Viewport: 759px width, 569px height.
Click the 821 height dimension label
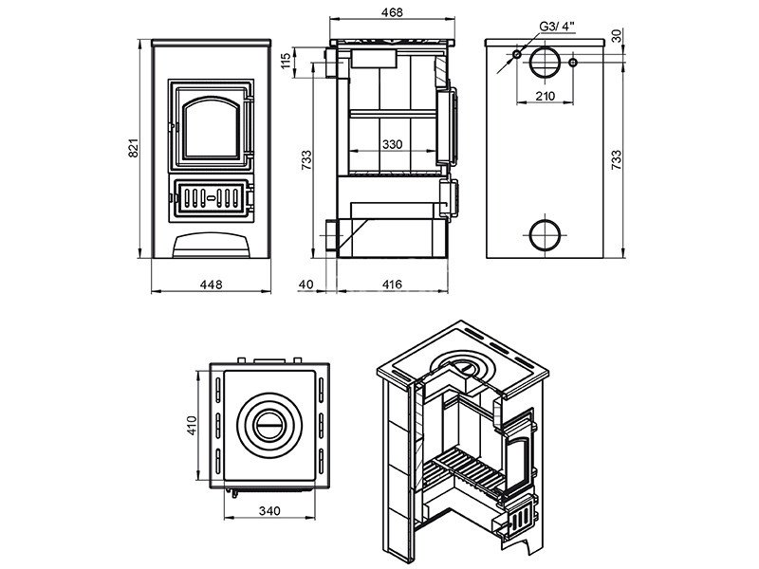tap(134, 148)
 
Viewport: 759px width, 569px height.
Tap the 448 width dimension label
tap(211, 284)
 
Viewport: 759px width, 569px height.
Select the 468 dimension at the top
tap(392, 12)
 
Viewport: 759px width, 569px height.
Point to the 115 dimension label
tap(287, 60)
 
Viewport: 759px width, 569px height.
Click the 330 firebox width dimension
tap(392, 144)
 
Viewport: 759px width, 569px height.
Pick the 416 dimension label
tap(392, 284)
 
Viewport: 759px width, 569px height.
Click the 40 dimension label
tap(305, 284)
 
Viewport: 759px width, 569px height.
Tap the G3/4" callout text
tap(557, 27)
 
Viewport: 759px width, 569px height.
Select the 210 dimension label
tap(545, 96)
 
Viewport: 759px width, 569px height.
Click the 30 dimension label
tap(616, 36)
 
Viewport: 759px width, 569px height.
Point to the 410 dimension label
tap(193, 425)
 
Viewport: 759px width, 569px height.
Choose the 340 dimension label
tap(269, 510)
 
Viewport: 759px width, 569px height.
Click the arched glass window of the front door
tap(211, 127)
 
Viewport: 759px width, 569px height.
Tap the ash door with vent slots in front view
tap(211, 197)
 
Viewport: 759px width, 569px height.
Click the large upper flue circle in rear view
tap(545, 63)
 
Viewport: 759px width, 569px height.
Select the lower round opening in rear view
tap(545, 234)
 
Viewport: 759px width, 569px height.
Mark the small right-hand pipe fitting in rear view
tap(573, 63)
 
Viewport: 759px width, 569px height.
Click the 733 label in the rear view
tap(616, 159)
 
